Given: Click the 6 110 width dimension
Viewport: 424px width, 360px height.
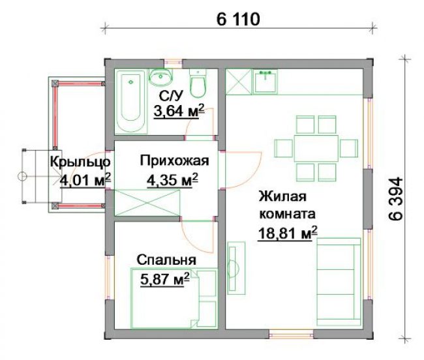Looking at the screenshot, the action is [x=238, y=19].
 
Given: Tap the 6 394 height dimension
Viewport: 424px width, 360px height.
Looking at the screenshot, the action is [x=396, y=199].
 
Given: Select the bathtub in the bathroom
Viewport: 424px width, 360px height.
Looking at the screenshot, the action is [x=131, y=102].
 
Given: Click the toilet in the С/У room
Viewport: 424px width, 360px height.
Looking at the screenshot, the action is [x=198, y=83].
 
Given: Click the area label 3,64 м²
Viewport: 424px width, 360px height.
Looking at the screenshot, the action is [x=179, y=111].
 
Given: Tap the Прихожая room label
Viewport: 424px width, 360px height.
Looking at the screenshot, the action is [x=174, y=161].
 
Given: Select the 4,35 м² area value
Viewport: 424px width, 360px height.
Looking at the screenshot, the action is [x=172, y=180].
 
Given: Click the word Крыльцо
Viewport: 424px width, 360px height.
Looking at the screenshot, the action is [x=80, y=162].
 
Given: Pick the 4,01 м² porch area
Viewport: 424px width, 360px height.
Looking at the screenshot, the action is [x=85, y=180].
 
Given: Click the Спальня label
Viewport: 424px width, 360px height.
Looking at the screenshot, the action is [x=166, y=260].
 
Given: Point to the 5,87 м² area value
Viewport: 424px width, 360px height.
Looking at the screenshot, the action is [x=164, y=279].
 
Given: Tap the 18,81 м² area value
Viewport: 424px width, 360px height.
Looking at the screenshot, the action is [x=288, y=233].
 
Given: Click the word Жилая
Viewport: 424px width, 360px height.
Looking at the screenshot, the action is [x=282, y=196].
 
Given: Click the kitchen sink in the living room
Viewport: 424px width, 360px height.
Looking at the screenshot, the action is [x=265, y=81].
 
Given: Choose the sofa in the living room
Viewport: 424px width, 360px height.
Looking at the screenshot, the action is [x=339, y=282].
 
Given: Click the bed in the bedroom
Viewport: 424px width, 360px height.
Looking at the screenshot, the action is [x=174, y=298].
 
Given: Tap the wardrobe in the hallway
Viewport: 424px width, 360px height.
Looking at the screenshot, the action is [x=147, y=203].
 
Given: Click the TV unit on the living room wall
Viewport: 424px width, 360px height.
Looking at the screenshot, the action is [x=236, y=268].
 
